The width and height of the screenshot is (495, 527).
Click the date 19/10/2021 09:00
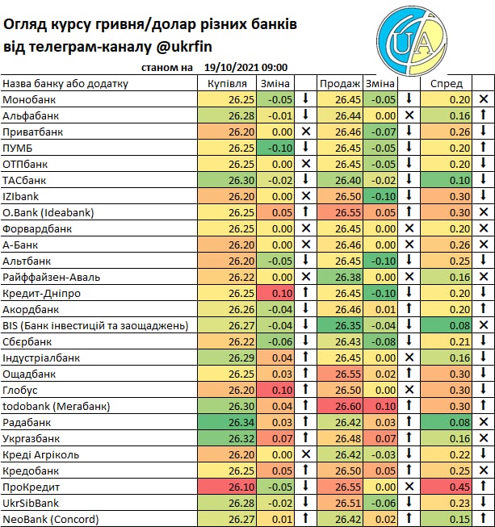pos(246,69)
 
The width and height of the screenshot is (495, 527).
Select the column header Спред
pos(447,83)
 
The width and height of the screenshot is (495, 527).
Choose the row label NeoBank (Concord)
pos(50,519)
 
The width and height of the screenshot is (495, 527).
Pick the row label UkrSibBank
pos(33,503)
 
